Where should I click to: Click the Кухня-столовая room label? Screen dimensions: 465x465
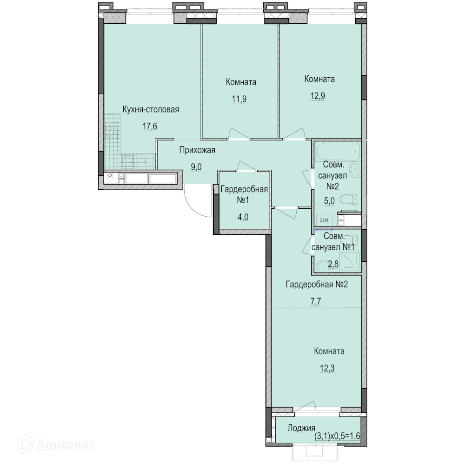click(x=151, y=109)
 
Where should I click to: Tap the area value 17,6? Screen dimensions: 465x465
click(x=150, y=126)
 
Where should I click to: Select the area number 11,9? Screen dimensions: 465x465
click(x=239, y=99)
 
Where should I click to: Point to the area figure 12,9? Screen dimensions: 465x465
click(x=318, y=96)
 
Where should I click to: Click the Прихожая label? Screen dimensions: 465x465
click(x=197, y=150)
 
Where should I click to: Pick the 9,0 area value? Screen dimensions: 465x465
click(x=196, y=167)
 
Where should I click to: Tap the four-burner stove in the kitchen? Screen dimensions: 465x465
click(x=112, y=132)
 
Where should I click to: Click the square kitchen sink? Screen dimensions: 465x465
click(x=128, y=162)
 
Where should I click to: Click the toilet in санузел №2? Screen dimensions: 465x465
click(x=348, y=199)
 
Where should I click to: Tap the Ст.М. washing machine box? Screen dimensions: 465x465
click(x=325, y=220)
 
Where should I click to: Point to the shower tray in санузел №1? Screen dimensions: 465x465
click(x=350, y=261)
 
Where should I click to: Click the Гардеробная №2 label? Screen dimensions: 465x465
click(x=317, y=285)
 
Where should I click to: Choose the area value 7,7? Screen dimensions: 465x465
click(x=316, y=301)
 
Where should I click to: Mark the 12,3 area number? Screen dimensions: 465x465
click(x=327, y=368)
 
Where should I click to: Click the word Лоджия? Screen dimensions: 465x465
click(x=301, y=428)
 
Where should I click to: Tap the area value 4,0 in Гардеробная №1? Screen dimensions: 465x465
click(x=243, y=217)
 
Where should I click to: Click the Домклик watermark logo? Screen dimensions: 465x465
click(x=56, y=445)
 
